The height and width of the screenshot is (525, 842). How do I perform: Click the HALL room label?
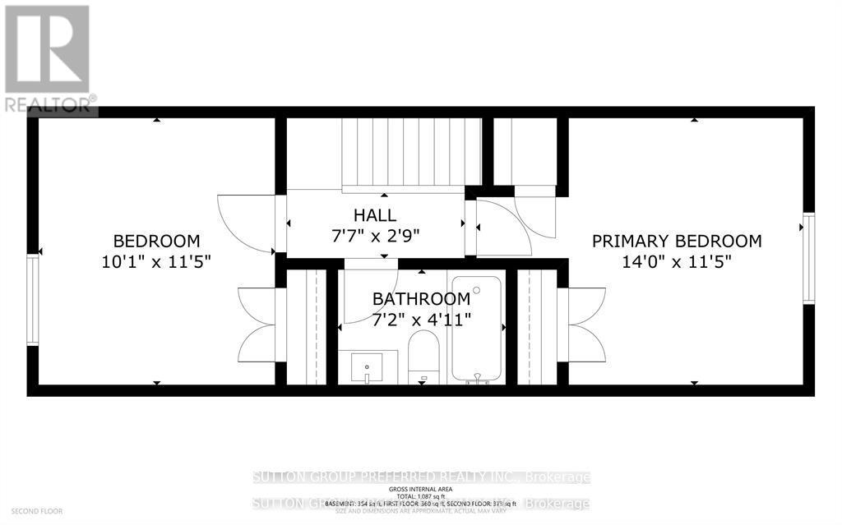[x=375, y=216]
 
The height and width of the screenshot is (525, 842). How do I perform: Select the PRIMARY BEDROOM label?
[x=677, y=241]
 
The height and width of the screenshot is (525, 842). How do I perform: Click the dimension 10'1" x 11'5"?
[x=156, y=262]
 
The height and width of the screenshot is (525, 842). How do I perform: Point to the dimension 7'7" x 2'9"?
[x=375, y=237]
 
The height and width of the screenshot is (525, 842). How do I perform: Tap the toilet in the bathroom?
[x=423, y=357]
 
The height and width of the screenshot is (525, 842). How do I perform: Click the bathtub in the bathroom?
[x=476, y=329]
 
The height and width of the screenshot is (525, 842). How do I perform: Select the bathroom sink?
[x=368, y=366]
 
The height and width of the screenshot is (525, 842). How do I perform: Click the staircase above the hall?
[x=411, y=153]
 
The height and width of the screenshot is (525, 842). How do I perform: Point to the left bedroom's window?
[x=33, y=299]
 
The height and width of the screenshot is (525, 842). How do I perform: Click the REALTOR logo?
[x=47, y=58]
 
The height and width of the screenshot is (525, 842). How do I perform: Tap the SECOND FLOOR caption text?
[x=32, y=511]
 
